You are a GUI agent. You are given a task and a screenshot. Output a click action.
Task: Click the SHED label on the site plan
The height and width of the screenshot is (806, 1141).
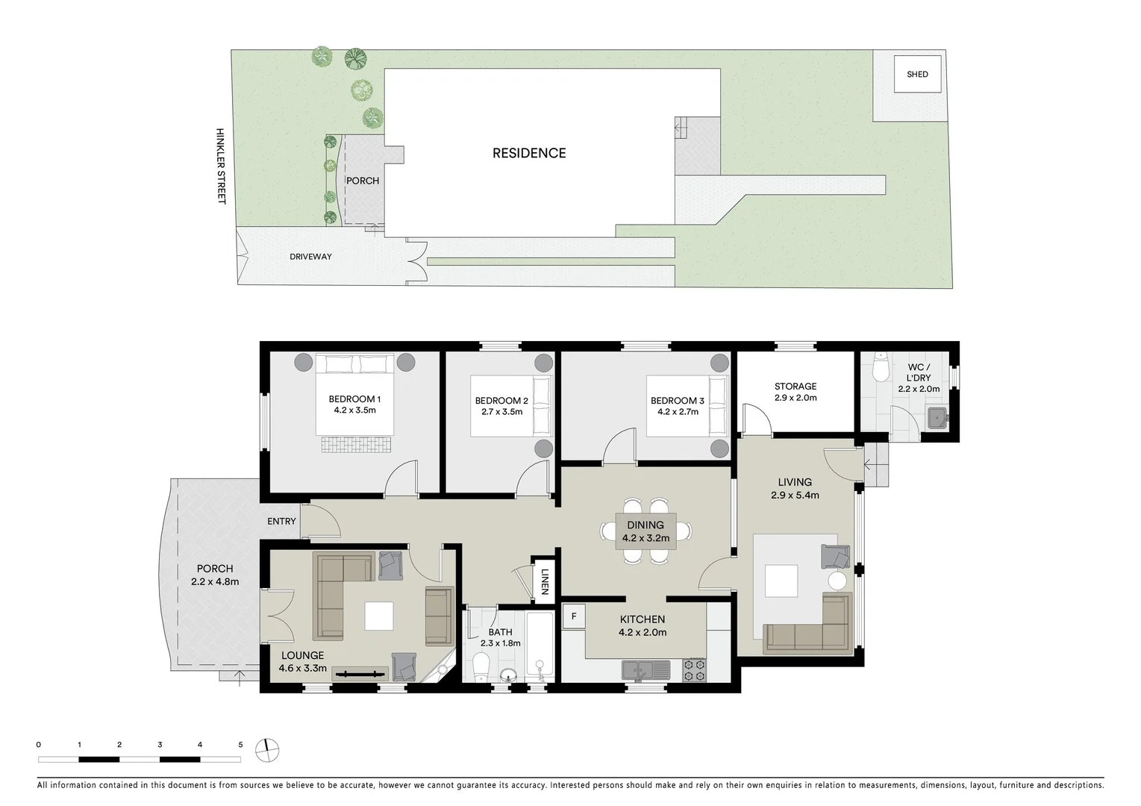click(917, 74)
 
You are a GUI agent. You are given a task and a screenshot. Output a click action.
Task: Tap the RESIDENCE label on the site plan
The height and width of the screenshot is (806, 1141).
click(529, 153)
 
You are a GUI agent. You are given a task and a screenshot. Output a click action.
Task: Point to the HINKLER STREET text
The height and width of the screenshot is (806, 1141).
click(220, 166)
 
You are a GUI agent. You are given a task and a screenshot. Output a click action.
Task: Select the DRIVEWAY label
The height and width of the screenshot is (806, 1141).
click(310, 257)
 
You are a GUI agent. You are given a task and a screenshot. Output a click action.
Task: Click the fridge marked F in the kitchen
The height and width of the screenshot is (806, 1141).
click(574, 617)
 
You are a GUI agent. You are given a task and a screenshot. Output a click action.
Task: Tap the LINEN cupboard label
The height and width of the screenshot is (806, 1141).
click(545, 581)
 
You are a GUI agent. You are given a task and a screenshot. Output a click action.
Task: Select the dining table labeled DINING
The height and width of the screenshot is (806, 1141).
click(645, 531)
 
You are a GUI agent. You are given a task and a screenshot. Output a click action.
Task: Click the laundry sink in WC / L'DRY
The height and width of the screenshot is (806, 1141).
click(937, 418)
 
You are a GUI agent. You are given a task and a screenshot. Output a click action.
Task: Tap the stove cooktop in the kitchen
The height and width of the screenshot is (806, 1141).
click(694, 670)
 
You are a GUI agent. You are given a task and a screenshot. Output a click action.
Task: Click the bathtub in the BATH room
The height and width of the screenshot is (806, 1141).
click(540, 646)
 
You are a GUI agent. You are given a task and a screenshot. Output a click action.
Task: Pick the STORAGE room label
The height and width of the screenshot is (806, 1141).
click(795, 387)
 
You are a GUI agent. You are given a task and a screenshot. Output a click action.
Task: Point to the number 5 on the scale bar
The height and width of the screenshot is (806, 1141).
click(240, 744)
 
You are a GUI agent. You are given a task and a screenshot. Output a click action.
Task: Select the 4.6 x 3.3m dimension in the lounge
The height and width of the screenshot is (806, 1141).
click(303, 668)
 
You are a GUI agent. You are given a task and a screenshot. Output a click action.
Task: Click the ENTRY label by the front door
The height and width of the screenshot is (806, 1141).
click(281, 522)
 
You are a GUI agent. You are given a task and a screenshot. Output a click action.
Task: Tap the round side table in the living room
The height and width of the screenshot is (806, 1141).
click(837, 581)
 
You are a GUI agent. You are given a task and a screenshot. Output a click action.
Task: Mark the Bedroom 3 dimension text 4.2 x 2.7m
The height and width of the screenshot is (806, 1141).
click(677, 411)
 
